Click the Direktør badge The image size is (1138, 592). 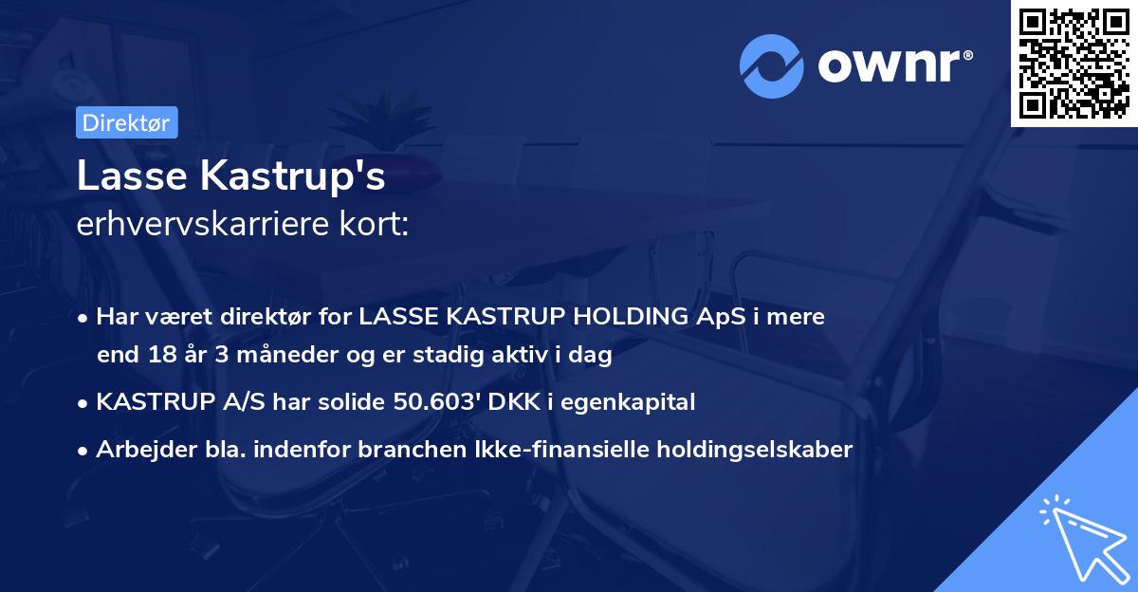tap(126, 122)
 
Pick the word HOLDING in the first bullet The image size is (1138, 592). tap(638, 317)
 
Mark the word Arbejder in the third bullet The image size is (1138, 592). tap(138, 450)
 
